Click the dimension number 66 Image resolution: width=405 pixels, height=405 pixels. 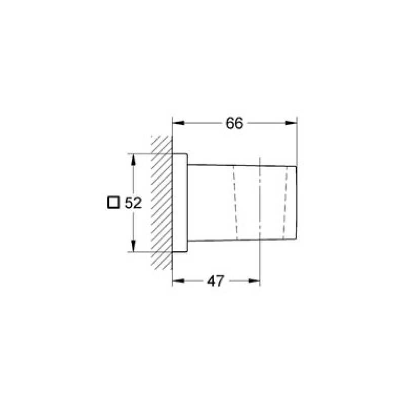(x=234, y=123)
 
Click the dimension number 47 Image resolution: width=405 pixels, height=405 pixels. (x=216, y=281)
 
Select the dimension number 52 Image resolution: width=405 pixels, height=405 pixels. (x=133, y=203)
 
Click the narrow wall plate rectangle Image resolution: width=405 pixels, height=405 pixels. (x=180, y=202)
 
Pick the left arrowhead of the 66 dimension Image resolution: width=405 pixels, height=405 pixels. (x=178, y=123)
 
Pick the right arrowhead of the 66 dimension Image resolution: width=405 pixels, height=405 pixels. (x=292, y=123)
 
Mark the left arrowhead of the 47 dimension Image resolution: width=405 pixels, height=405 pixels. (x=178, y=281)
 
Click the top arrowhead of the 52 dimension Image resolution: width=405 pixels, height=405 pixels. (x=134, y=158)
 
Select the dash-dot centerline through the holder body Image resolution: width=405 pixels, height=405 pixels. (x=260, y=202)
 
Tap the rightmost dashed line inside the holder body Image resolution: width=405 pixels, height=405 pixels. (x=286, y=202)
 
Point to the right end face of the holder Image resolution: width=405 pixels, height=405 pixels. (x=297, y=202)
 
